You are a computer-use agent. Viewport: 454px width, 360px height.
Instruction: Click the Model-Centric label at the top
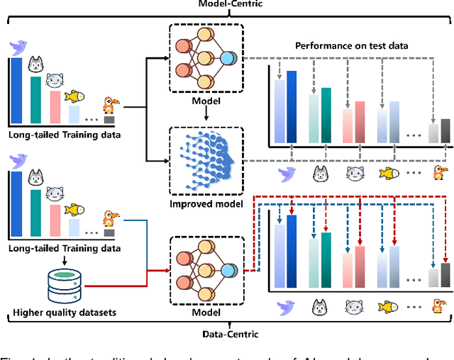coord(226,5)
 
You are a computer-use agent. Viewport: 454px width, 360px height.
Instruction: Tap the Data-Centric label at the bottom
coord(226,332)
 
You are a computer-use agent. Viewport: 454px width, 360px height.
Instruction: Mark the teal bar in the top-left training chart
coord(35,99)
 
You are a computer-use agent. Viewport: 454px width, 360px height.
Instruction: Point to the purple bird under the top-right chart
coord(287,172)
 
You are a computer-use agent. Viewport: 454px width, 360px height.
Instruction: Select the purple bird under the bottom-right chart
coord(287,307)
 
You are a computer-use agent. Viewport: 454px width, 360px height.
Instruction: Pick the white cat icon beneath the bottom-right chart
coord(320,307)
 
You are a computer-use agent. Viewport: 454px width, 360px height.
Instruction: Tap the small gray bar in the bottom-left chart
coord(109,232)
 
